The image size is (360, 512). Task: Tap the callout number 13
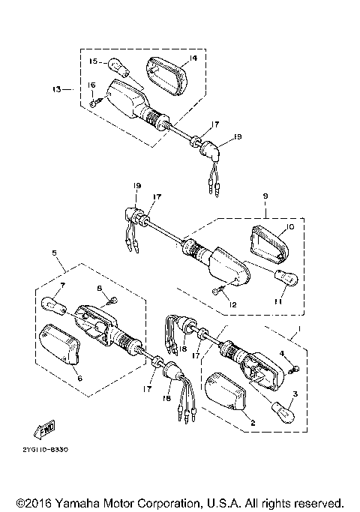[57, 88]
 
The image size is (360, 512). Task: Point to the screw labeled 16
[92, 103]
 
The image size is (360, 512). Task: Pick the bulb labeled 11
[286, 279]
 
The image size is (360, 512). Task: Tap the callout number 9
[265, 196]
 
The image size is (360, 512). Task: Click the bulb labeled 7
[53, 305]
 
